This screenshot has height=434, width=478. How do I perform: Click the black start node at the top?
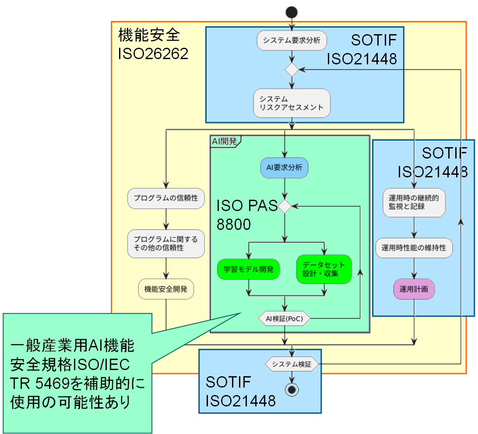coord(292,12)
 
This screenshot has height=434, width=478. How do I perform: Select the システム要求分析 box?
coord(292,41)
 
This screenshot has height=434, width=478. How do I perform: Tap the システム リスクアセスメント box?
coord(292,103)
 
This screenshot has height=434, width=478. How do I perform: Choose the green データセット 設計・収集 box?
coord(324,269)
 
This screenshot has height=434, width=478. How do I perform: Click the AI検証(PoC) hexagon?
coord(285,318)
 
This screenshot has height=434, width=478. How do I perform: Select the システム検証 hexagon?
coord(292,364)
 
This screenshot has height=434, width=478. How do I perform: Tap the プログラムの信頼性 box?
coord(166,198)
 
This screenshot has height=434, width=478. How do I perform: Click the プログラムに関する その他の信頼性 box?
coord(166,243)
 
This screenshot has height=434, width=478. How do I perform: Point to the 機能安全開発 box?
coord(166,289)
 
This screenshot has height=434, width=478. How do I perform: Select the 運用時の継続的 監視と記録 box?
coord(414,202)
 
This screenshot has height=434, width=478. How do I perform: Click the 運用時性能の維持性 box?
coord(414,248)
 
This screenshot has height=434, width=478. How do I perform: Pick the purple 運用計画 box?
coord(414,289)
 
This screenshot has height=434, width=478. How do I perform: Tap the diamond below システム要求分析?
coord(292,69)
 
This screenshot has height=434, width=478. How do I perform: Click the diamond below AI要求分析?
coord(285,206)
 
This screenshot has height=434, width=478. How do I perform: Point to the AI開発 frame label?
coord(224,141)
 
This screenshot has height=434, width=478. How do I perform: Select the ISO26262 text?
coord(153,54)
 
